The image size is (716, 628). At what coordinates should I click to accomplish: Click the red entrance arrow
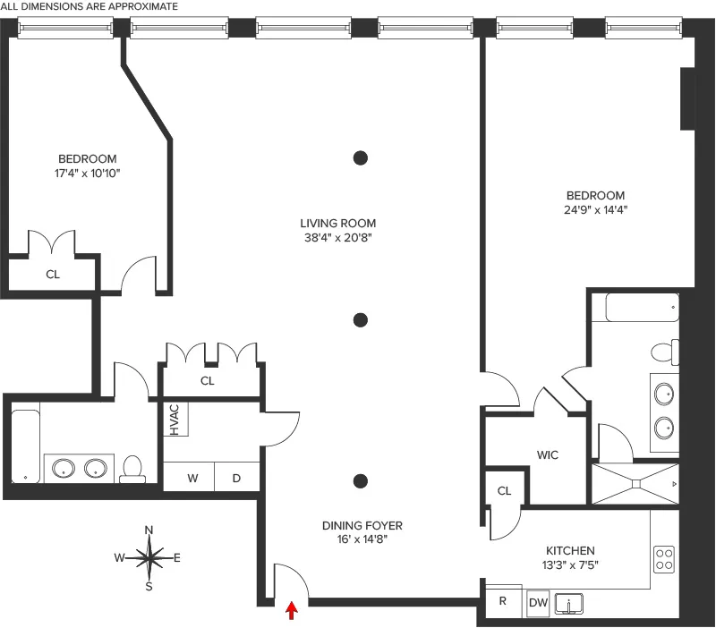click(x=290, y=610)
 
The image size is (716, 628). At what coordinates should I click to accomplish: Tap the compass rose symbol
click(x=149, y=558)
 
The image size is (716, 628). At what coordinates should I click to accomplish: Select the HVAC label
click(x=175, y=420)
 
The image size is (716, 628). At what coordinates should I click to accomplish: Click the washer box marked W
click(x=192, y=478)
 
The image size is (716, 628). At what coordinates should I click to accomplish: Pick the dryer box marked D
click(x=237, y=478)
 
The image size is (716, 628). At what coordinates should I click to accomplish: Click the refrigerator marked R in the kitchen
click(x=503, y=602)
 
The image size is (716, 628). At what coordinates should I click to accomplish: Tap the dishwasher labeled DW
click(x=538, y=602)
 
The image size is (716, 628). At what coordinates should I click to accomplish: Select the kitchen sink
click(x=569, y=605)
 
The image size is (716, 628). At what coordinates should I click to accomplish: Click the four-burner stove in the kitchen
click(x=664, y=559)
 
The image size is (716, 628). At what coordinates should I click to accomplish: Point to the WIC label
click(x=548, y=455)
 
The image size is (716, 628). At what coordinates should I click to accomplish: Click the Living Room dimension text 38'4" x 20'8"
click(x=338, y=238)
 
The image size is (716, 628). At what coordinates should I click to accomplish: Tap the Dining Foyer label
click(x=362, y=526)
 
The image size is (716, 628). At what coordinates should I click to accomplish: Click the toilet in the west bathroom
click(x=133, y=468)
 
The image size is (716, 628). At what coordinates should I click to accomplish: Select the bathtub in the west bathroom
click(x=26, y=445)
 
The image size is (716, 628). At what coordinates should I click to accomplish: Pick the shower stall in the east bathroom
click(x=635, y=483)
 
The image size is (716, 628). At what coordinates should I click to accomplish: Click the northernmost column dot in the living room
click(x=361, y=158)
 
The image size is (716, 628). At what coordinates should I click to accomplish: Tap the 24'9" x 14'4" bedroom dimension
click(x=594, y=210)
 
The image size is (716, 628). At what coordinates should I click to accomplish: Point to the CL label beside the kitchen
click(x=504, y=490)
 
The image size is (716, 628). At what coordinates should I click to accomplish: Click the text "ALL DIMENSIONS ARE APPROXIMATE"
click(x=89, y=6)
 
